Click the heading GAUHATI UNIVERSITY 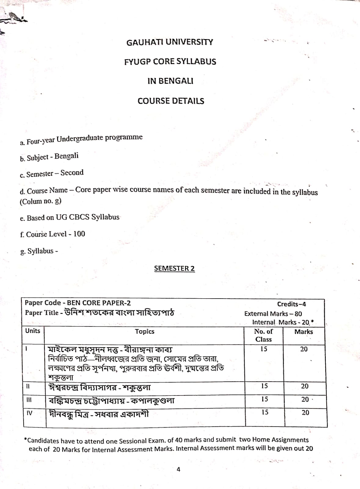point(170,42)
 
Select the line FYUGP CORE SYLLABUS point(170,62)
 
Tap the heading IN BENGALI point(170,81)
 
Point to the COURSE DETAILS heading point(171,101)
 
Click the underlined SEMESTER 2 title point(174,268)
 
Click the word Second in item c point(72,173)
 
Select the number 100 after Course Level point(79,234)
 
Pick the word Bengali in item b point(66,156)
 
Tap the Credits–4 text point(291,304)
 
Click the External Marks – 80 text point(273,314)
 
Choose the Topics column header point(145,331)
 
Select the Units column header point(33,331)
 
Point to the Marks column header point(304,332)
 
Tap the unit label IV point(29,413)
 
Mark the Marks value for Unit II point(305,386)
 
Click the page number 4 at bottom point(179,469)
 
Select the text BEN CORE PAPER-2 point(99,303)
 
